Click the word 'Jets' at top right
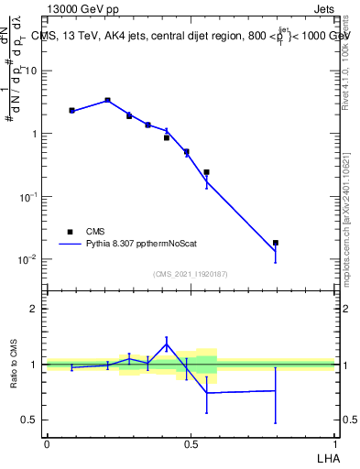point(323,9)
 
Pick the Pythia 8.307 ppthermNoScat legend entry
point(137,245)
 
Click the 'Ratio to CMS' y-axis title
point(13,364)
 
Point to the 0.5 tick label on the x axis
point(191,443)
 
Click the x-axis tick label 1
point(334,443)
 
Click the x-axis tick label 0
point(47,443)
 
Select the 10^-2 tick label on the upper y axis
point(29,259)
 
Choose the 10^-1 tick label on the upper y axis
point(29,196)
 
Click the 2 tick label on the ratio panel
point(36,309)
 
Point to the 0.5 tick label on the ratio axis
point(31,420)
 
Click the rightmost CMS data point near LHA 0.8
point(276,243)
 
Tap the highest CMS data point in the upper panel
point(108,100)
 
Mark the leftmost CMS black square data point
point(71,110)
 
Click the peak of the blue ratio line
point(167,344)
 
